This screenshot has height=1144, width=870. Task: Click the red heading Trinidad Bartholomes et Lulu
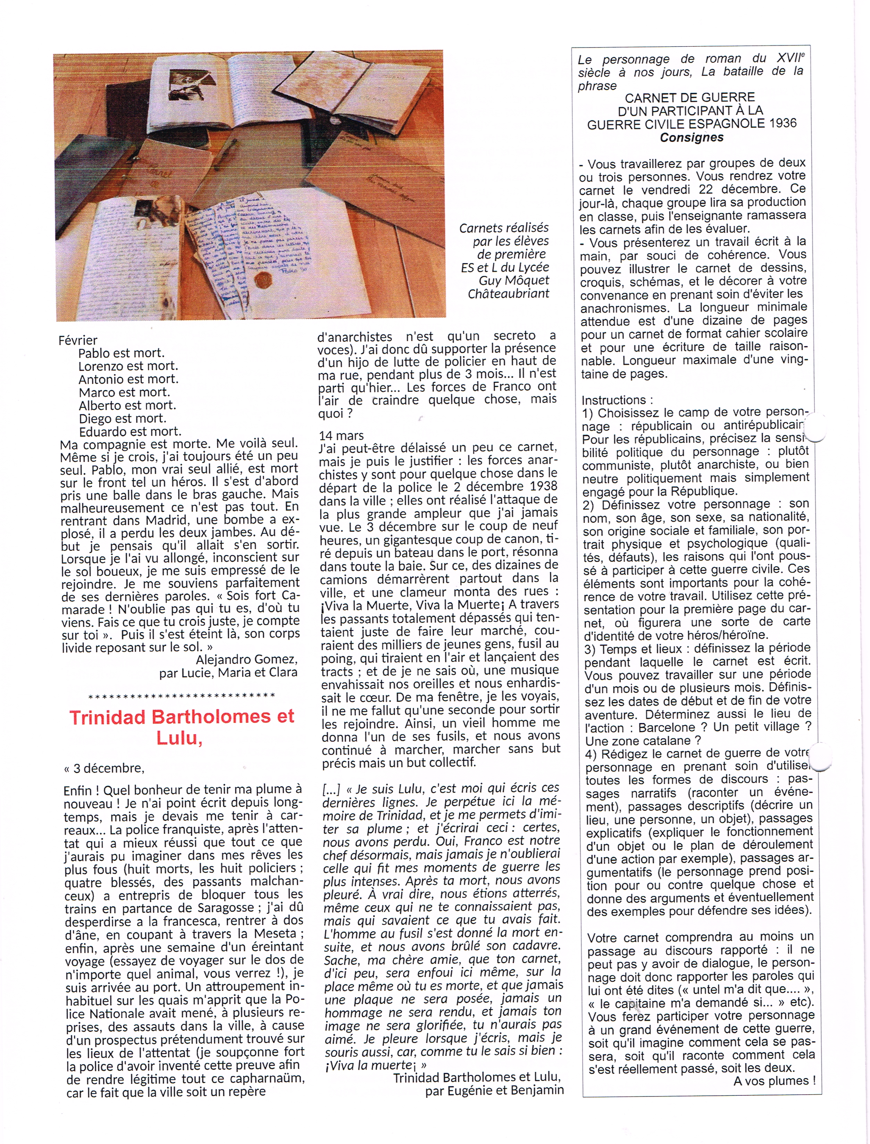182,727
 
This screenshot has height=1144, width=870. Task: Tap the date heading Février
78,340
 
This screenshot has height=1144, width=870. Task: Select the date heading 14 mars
341,435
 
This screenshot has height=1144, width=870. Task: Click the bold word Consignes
691,138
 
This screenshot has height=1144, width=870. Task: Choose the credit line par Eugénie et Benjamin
494,1090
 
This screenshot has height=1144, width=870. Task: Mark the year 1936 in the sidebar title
783,124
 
